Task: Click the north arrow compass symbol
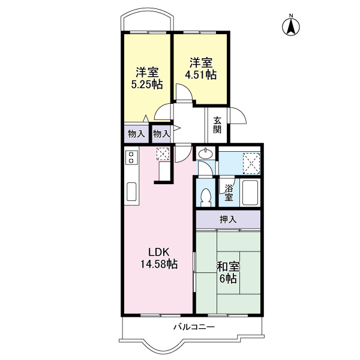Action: [291, 26]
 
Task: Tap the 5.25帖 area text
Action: [147, 84]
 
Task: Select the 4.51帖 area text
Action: [201, 75]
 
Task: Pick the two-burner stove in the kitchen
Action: [131, 158]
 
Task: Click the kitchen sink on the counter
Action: [131, 193]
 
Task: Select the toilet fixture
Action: [206, 196]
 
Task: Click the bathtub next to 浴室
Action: [249, 193]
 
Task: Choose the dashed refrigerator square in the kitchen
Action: [163, 154]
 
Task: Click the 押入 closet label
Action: [227, 220]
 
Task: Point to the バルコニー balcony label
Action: [193, 327]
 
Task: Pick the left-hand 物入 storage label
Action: [134, 133]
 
